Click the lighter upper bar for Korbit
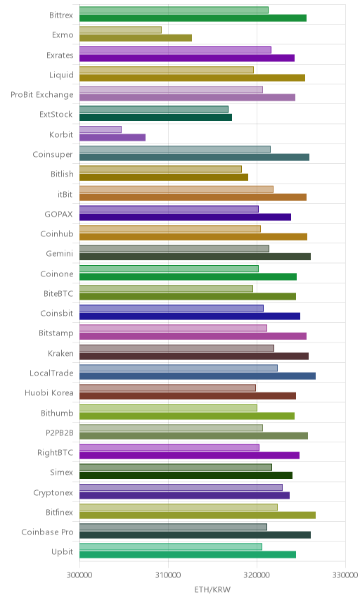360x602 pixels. pos(101,129)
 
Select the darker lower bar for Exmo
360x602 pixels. pos(136,38)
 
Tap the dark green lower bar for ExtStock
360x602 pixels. pos(156,117)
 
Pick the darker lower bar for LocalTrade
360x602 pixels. pos(198,376)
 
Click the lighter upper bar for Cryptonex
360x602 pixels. pos(181,487)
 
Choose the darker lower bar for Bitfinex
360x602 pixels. pos(198,515)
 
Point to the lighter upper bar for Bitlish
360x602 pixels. pos(161,169)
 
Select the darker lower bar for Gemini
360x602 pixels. pos(195,257)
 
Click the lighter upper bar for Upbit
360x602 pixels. pos(171,546)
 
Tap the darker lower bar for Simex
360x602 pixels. pos(186,475)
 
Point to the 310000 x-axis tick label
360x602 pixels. pos(168,575)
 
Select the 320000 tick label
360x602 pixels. pos(257,575)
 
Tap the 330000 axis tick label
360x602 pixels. pos(345,575)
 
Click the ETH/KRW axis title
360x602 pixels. pos(212,590)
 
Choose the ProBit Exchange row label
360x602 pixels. pos(41,94)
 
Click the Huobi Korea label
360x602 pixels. pos(49,392)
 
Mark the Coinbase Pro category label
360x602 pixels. pos(47,532)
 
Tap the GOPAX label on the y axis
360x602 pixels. pos(59,214)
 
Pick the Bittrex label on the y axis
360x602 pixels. pos(61,15)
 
